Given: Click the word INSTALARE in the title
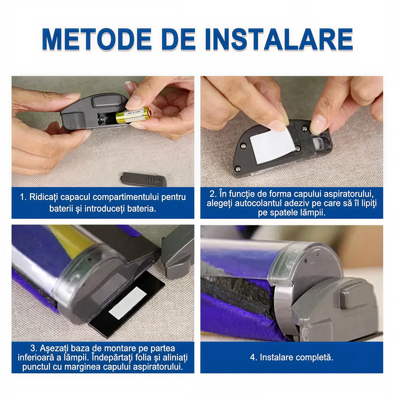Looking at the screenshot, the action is [279, 39].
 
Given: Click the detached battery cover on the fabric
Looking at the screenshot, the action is [144, 179].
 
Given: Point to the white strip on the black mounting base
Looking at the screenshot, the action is [128, 303].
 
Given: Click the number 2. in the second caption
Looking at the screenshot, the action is [213, 194].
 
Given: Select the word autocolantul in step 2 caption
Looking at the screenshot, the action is [260, 203].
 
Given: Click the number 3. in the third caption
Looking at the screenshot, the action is [34, 348].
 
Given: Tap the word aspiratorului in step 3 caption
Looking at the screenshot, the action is [157, 367].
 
